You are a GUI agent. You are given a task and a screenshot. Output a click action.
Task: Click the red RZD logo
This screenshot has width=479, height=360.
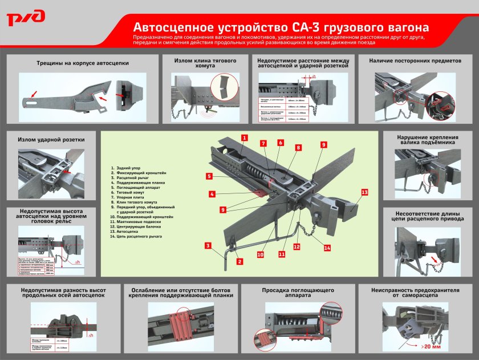click(x=26, y=18)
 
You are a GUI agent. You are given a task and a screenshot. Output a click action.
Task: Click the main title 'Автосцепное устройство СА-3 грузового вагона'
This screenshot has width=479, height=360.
click(x=281, y=27)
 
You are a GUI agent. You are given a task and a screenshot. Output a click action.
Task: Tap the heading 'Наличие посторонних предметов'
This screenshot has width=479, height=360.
click(x=415, y=60)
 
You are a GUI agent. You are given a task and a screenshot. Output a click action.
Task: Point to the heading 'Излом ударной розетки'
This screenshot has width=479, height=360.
click(x=51, y=139)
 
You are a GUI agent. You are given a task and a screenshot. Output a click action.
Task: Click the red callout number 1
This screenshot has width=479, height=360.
click(x=243, y=137)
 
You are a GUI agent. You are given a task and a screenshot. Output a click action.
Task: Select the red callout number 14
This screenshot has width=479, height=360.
click(x=327, y=248)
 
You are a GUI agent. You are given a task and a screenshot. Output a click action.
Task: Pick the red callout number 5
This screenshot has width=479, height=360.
click(x=209, y=176)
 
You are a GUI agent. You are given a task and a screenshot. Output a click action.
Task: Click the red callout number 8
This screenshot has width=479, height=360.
click(x=298, y=147)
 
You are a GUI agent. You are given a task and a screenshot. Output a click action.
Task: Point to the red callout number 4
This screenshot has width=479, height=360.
click(x=212, y=195)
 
